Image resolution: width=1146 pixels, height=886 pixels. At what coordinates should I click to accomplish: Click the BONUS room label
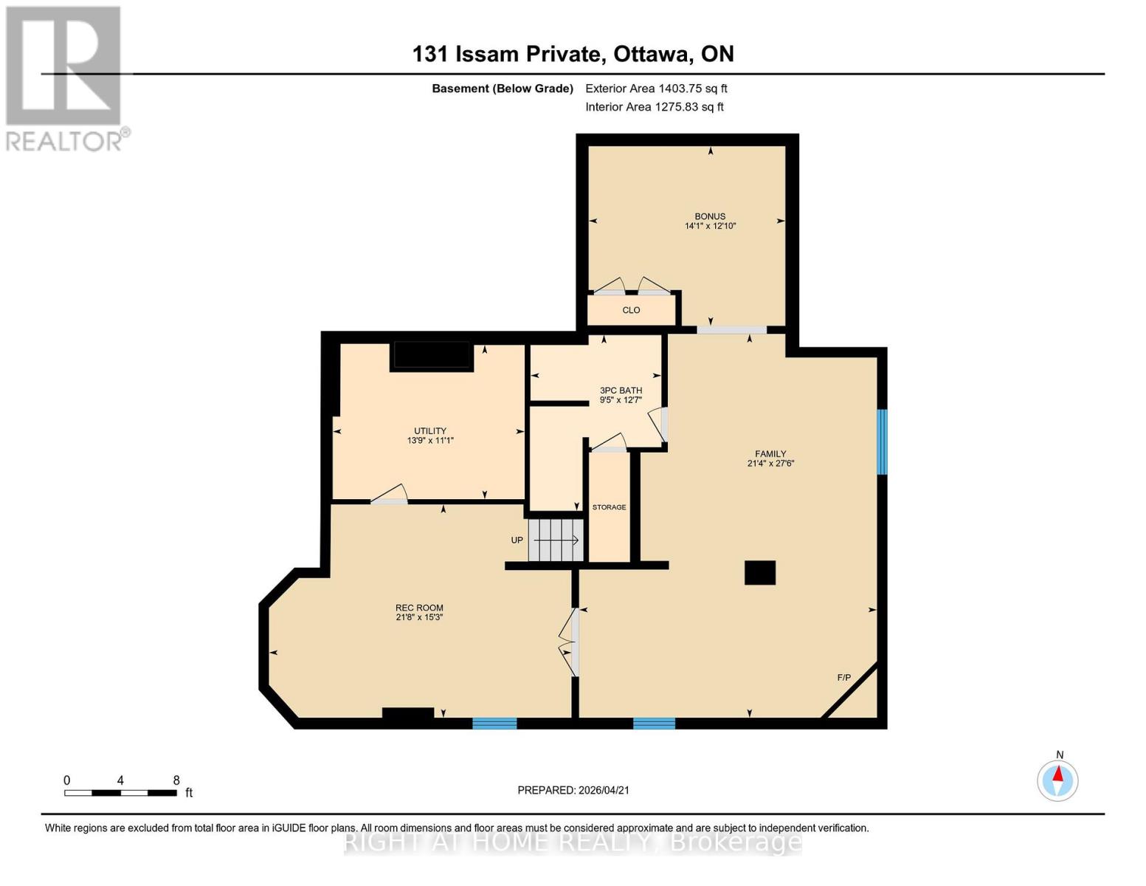point(709,216)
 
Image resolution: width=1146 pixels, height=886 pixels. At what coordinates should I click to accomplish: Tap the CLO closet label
point(631,310)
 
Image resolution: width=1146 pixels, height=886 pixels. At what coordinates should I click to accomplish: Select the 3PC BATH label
point(620,390)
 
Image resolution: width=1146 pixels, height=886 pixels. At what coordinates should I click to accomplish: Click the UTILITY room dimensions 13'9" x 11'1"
point(430,441)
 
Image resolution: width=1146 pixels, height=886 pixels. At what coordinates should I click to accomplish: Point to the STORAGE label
point(609,507)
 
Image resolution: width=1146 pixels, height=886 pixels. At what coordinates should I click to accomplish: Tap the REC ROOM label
point(419,608)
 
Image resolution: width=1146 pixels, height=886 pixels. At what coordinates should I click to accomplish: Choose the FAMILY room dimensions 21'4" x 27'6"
point(770,464)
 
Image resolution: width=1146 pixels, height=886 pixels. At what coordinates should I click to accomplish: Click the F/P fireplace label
point(843,678)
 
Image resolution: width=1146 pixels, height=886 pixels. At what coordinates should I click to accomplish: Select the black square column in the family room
point(759,573)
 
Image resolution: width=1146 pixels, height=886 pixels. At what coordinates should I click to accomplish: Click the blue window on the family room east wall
point(881,442)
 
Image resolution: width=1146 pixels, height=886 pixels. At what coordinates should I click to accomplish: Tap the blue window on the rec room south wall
point(494,724)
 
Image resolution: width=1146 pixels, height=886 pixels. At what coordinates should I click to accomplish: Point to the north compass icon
point(1057,780)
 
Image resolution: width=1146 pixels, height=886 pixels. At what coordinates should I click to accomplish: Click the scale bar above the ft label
point(120,793)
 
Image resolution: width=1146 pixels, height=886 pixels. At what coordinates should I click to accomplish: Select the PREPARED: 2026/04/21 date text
point(573,790)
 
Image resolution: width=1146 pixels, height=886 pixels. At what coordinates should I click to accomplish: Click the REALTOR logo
point(64,78)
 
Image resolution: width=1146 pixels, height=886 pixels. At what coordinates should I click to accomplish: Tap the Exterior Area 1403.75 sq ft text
point(656,89)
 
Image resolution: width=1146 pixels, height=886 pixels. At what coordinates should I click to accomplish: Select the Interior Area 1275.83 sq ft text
point(654,107)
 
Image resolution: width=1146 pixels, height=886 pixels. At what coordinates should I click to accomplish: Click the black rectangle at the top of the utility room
point(432,356)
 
